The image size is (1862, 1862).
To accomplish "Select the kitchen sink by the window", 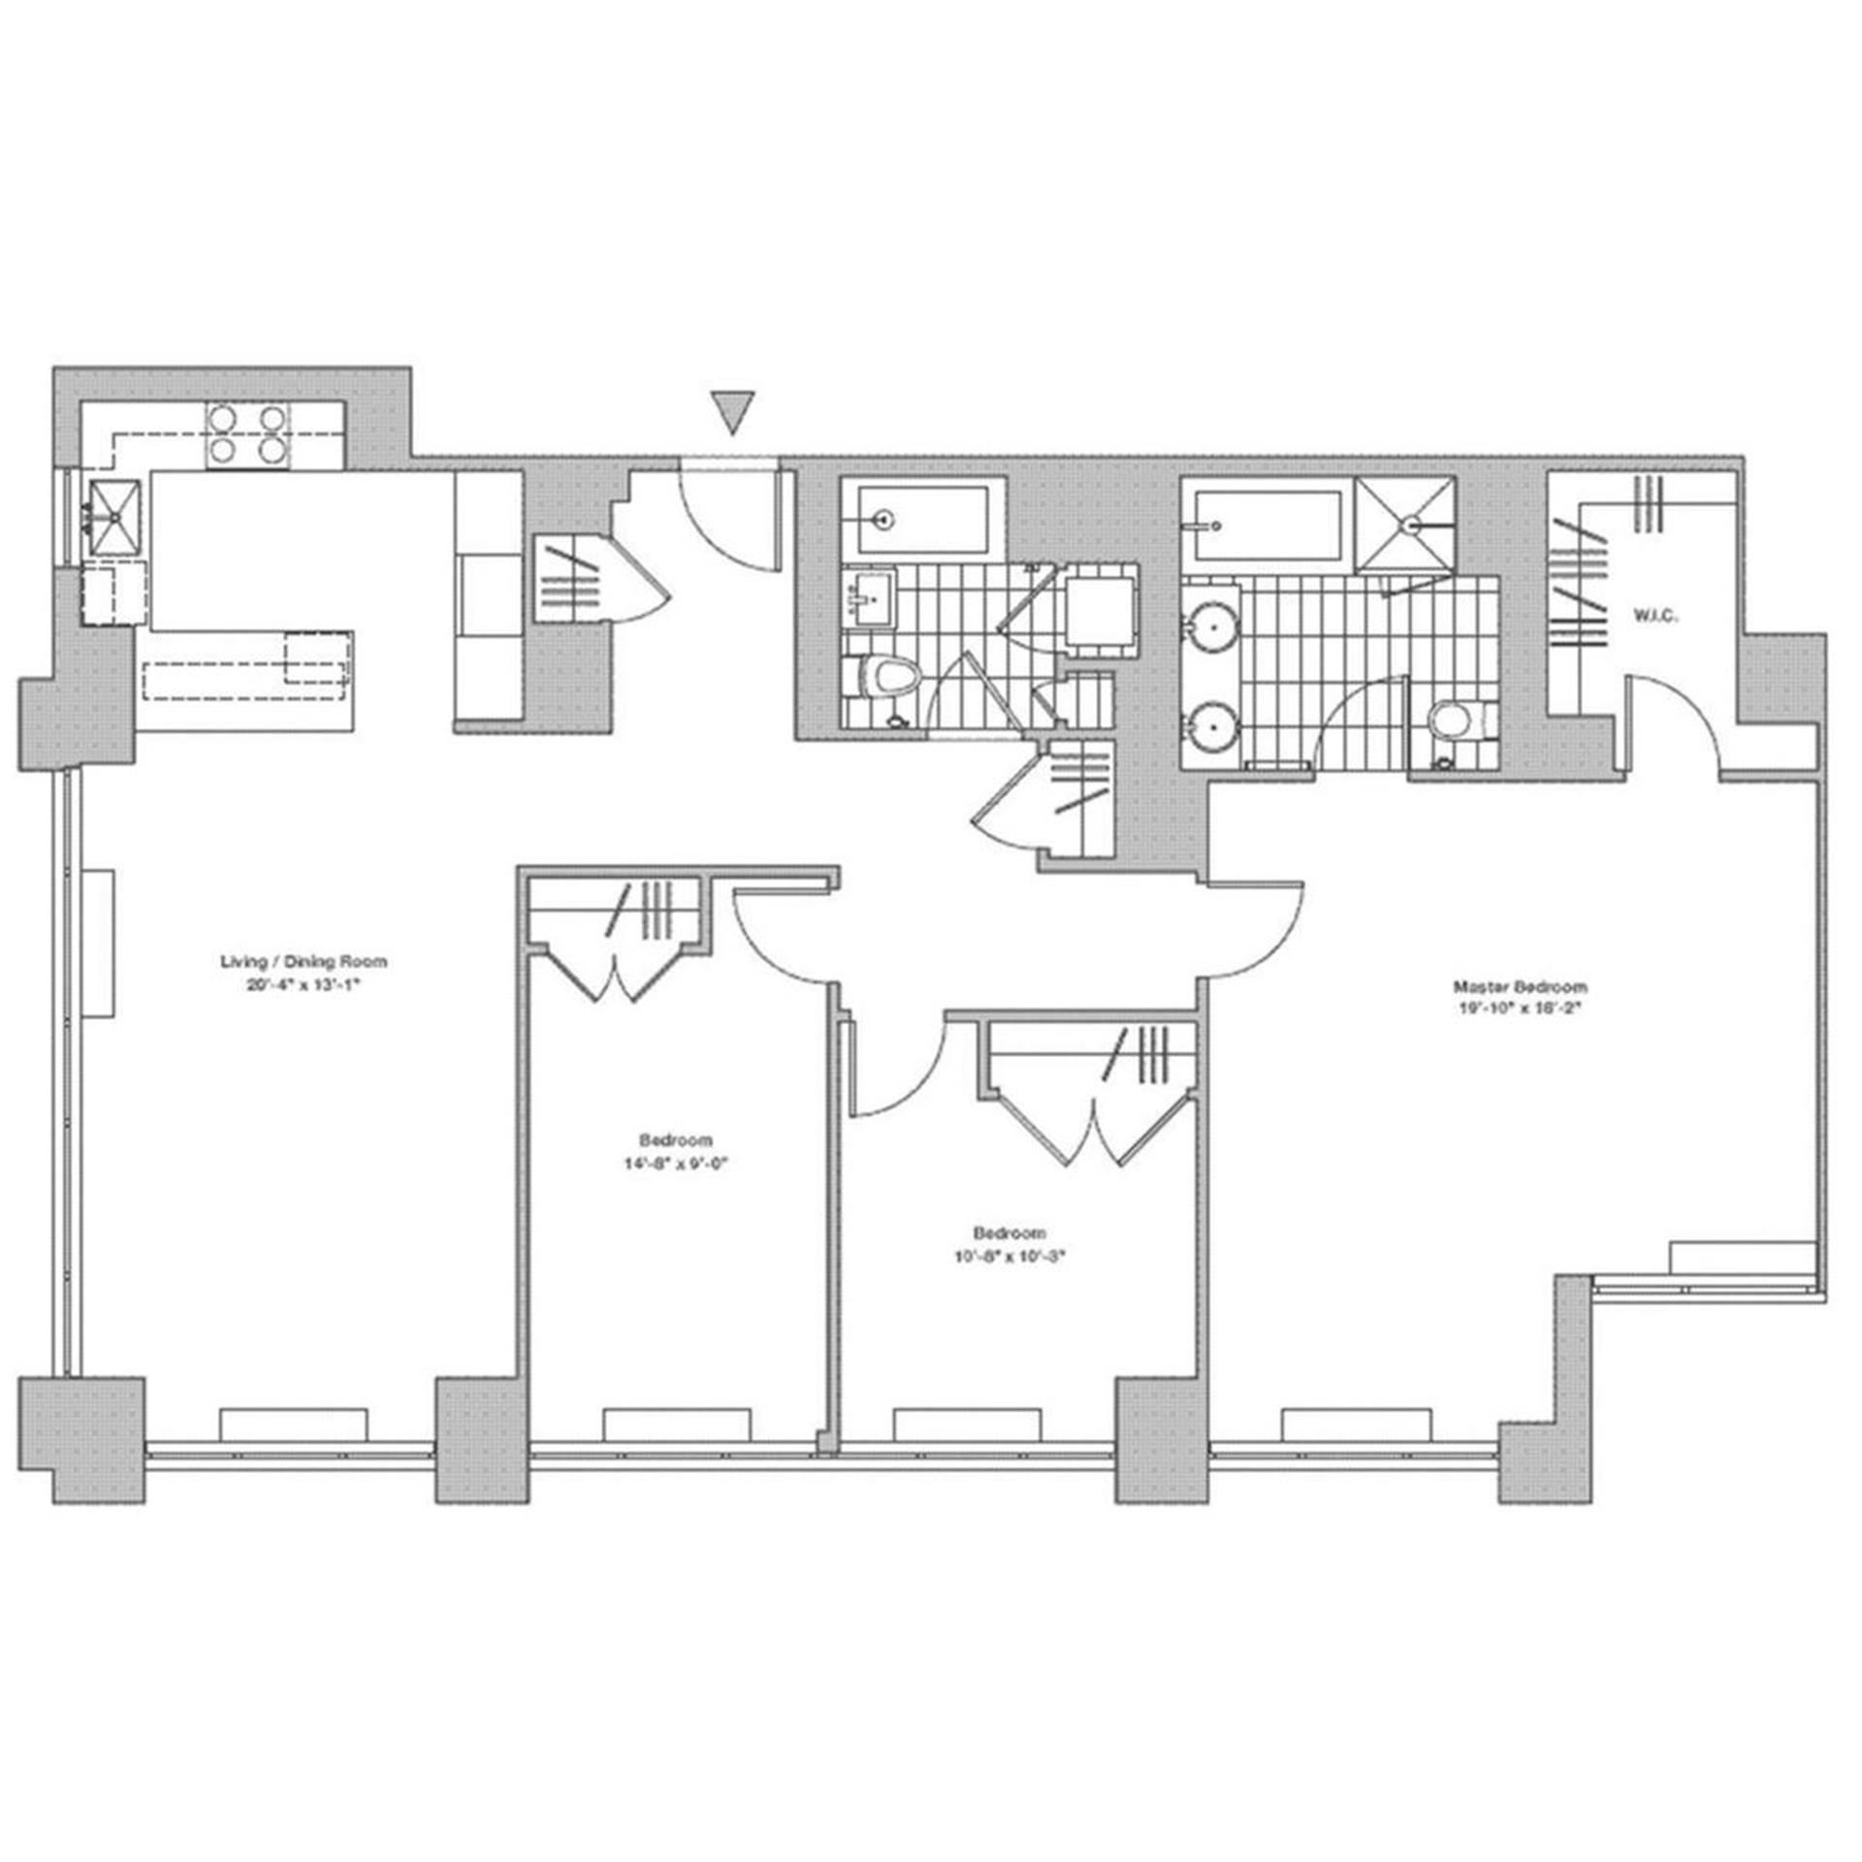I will (115, 518).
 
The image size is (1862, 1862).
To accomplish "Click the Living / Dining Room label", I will (304, 962).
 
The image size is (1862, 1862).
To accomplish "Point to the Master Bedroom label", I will (1520, 987).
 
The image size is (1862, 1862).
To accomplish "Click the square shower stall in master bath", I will (1405, 524).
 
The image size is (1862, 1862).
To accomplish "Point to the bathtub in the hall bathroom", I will (922, 520).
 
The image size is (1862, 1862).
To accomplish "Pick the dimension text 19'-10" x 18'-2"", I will (1520, 1007).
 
